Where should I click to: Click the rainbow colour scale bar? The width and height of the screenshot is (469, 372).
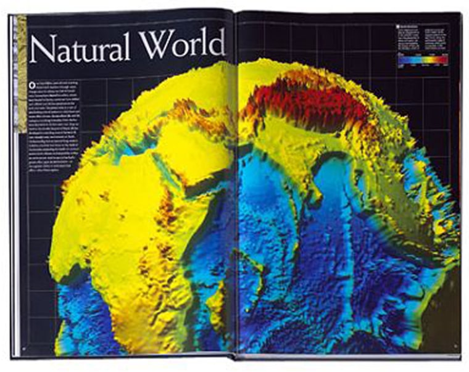tap(423, 60)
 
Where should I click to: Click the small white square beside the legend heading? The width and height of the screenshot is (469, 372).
tap(398, 27)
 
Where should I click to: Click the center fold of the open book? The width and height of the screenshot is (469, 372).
tap(234, 185)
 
